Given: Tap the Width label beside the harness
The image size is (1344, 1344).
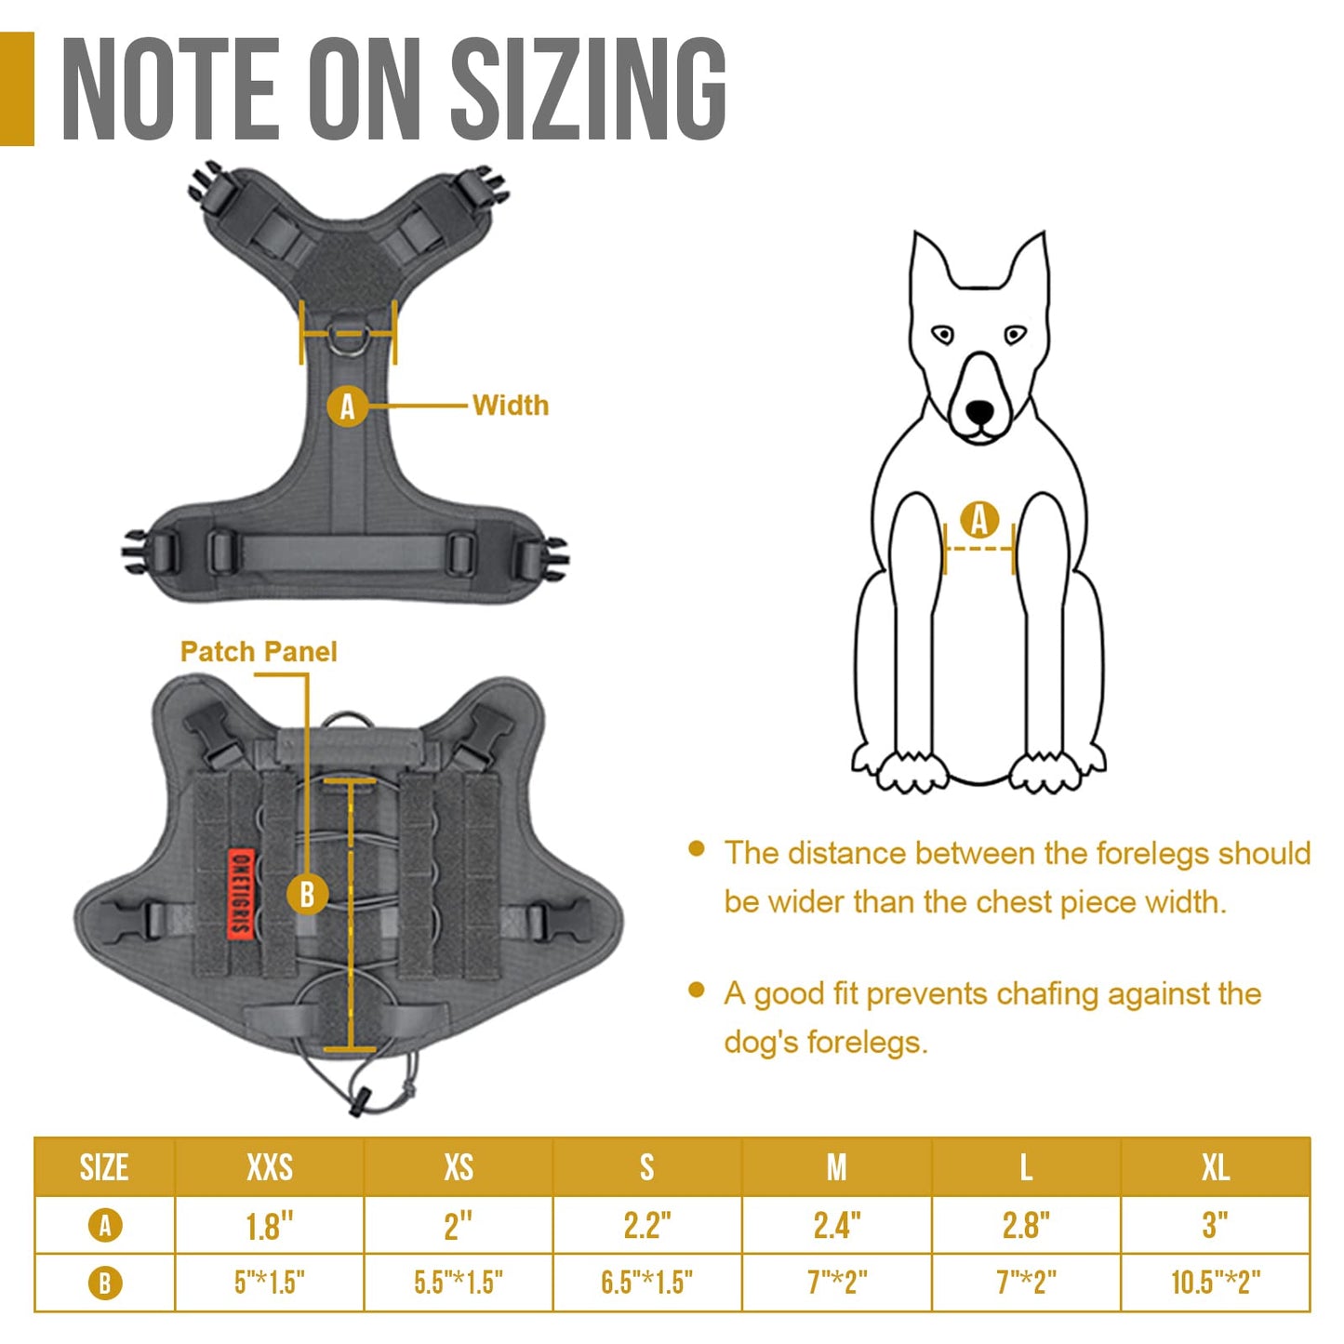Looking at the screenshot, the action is click(511, 406).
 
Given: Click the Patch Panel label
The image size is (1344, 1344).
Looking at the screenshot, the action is click(259, 651).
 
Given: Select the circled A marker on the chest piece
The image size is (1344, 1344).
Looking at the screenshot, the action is click(347, 406).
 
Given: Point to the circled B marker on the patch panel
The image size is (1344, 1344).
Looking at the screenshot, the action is click(307, 895).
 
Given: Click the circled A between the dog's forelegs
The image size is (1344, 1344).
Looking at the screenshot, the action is click(979, 520).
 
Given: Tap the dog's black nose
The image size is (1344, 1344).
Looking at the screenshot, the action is click(980, 411).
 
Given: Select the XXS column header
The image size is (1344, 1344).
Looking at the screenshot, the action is click(270, 1167).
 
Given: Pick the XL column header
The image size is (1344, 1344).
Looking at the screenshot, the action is click(1215, 1167).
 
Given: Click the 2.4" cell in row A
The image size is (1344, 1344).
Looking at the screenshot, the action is click(837, 1226).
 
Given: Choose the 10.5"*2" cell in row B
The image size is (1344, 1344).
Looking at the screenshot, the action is click(1216, 1282).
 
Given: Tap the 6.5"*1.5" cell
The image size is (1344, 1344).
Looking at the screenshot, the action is click(647, 1282).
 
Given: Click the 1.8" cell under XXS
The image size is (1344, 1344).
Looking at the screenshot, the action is click(270, 1226).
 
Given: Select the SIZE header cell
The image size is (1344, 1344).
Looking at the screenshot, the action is click(104, 1167).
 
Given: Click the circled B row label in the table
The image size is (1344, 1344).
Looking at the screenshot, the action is click(105, 1283).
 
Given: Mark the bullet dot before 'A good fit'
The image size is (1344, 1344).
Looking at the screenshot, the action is click(696, 991).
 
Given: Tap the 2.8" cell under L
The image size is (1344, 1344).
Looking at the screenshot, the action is click(1026, 1226).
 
